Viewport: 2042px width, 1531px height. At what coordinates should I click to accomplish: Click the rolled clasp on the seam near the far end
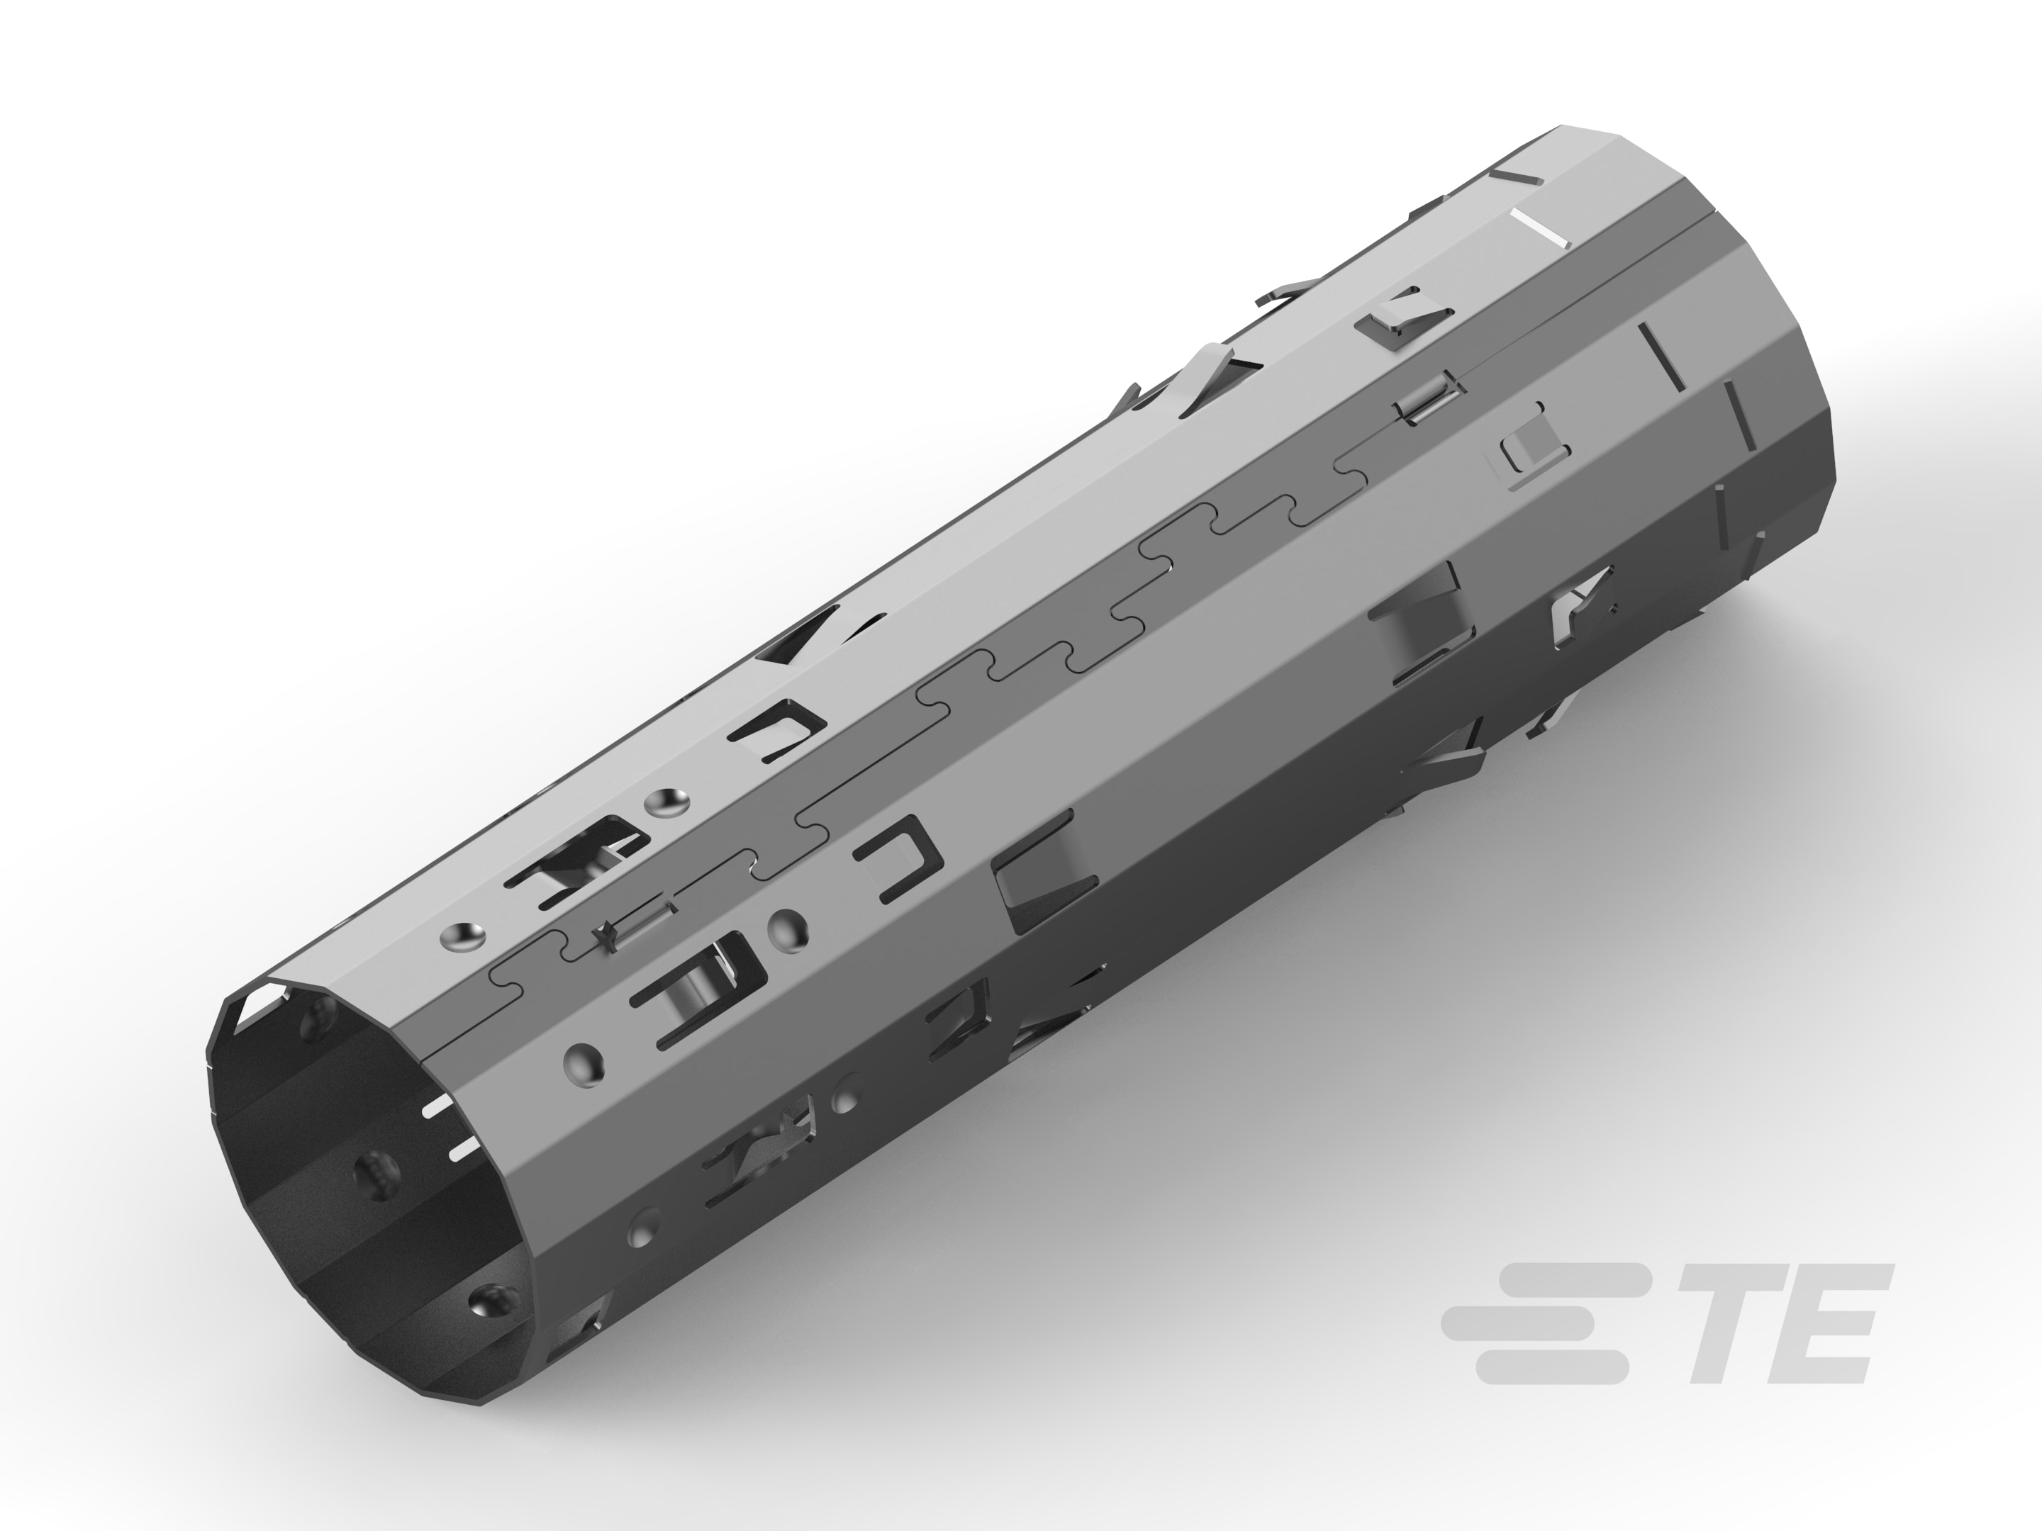(x=1429, y=400)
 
